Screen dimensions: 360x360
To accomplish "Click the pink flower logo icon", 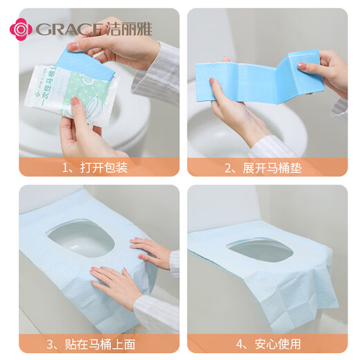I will click(20, 28).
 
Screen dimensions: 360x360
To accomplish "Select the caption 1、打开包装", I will click(98, 167).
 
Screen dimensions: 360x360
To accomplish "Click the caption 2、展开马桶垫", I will click(267, 167).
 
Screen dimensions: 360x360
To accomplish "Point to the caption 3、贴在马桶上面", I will click(98, 343).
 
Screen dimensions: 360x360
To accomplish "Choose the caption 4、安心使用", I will click(267, 343).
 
